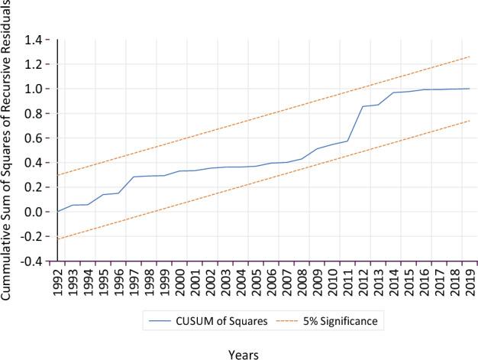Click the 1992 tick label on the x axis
point(57,281)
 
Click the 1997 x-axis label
point(134,281)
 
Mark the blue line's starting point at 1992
point(57,212)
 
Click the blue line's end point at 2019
point(468,89)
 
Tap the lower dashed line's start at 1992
point(57,239)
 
